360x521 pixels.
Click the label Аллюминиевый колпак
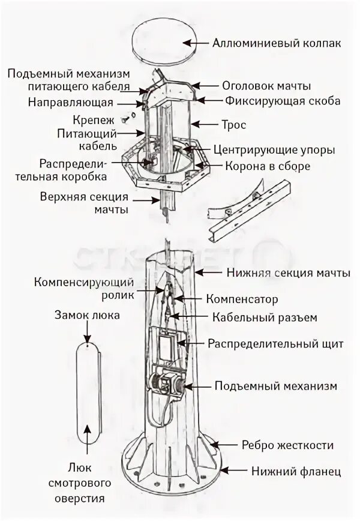[x=277, y=43]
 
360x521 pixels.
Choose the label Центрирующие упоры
[x=274, y=149]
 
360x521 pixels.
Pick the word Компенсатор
[x=242, y=298]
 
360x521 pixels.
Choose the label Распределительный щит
[x=275, y=344]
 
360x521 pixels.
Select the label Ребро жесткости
[x=287, y=445]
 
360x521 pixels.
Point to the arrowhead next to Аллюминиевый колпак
[x=188, y=43]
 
